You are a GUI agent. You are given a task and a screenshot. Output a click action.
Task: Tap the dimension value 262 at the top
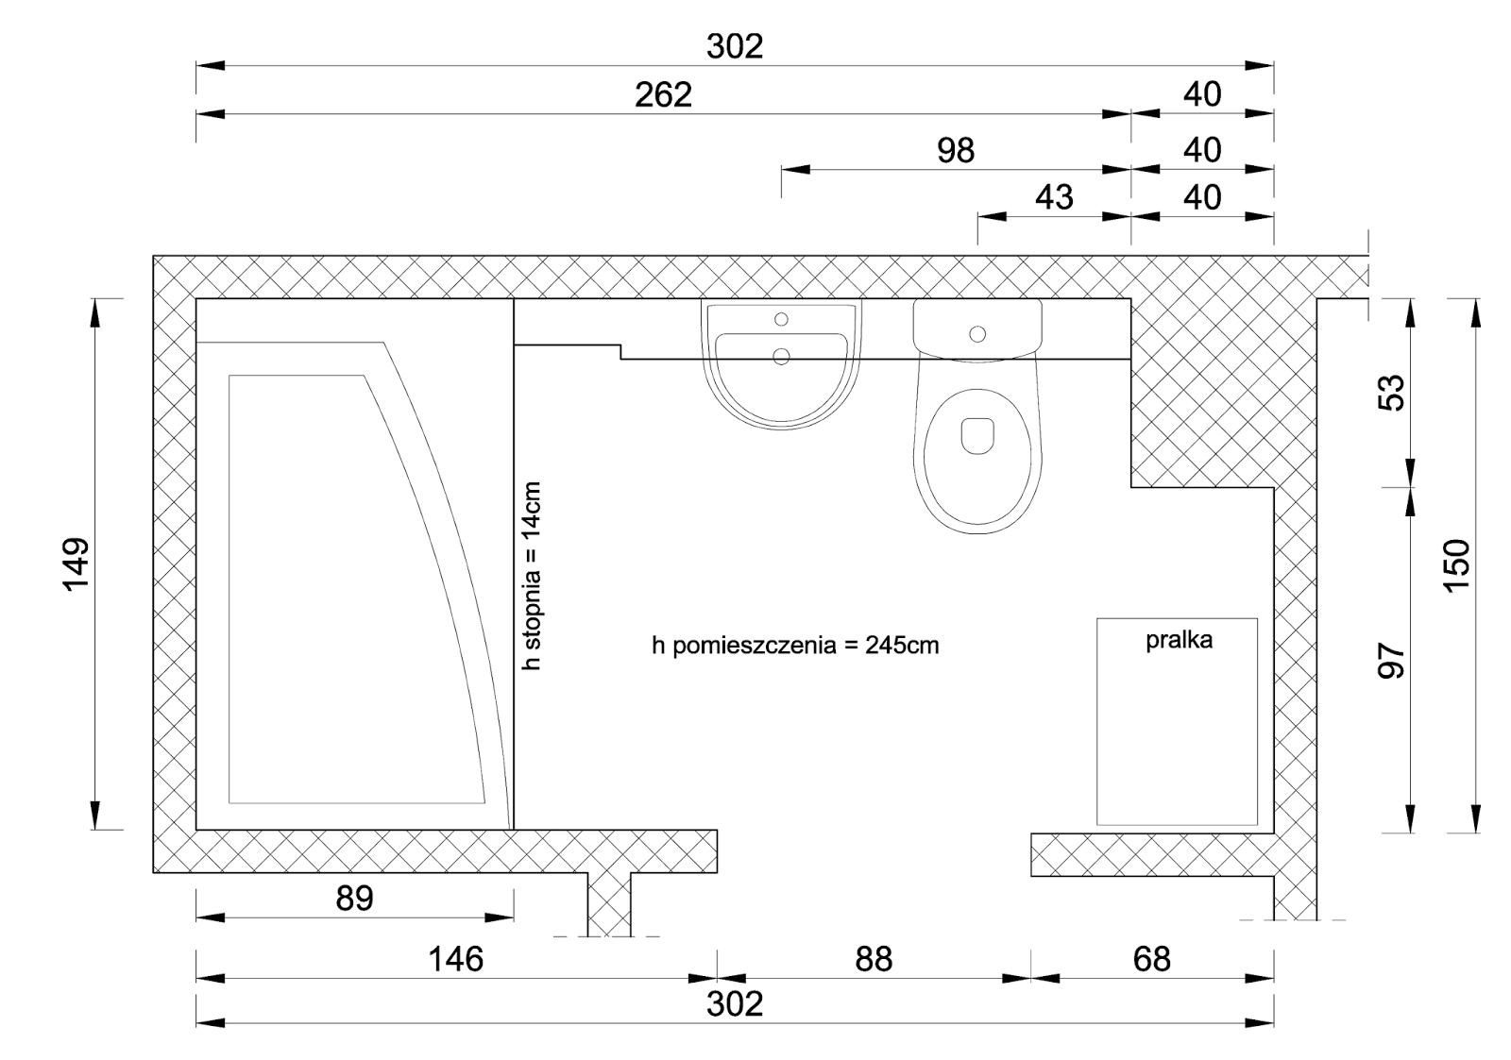point(663,95)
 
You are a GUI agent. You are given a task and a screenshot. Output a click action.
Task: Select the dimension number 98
point(955,150)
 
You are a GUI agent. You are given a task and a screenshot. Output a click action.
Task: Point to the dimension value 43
point(1054,197)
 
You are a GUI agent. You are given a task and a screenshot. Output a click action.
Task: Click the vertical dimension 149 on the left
point(76,564)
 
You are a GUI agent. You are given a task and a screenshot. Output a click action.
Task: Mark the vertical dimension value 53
point(1391,393)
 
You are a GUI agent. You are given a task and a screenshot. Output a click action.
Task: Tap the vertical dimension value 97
point(1391,661)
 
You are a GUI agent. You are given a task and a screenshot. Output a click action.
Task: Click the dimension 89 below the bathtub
point(354,899)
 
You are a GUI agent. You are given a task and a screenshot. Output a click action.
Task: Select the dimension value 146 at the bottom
point(456,959)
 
